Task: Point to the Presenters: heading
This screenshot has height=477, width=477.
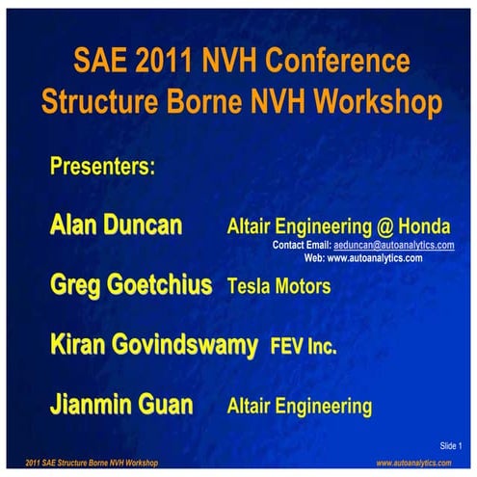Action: (x=102, y=166)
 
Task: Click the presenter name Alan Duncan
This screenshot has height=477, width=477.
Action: (x=115, y=226)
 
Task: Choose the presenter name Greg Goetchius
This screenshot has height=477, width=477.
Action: (x=131, y=285)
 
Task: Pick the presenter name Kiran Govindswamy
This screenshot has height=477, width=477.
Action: (x=154, y=345)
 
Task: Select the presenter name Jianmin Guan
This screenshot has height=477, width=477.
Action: (x=121, y=406)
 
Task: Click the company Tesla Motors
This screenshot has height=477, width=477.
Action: (x=278, y=286)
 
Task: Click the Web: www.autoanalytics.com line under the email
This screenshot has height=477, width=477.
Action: (x=363, y=258)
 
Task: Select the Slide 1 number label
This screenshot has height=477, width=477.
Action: (x=451, y=445)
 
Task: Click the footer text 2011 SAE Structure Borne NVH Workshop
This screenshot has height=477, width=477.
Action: (x=92, y=464)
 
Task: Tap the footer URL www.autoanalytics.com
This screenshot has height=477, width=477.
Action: (x=413, y=464)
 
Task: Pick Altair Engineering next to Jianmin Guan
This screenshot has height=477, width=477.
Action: (x=299, y=407)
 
